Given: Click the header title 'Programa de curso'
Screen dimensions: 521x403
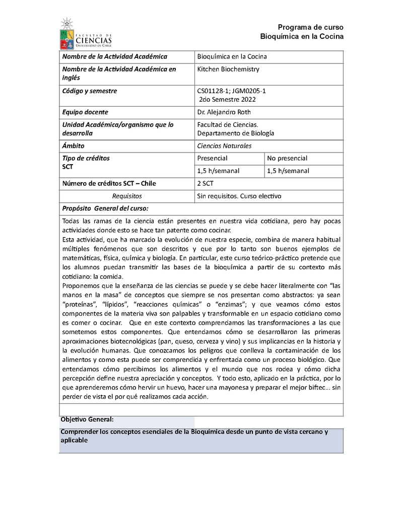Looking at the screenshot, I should [x=310, y=27].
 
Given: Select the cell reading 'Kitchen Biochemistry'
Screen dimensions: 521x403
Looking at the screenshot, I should [x=228, y=69].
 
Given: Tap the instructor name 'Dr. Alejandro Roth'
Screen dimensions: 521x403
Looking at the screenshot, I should [x=224, y=112].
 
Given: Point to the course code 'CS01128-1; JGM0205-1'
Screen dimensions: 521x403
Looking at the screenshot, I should [x=231, y=91].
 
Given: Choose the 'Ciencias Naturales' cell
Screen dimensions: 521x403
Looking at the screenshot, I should [x=224, y=146].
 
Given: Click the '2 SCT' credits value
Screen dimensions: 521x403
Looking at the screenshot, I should [x=205, y=184].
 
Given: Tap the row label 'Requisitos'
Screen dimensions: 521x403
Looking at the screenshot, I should [x=127, y=196].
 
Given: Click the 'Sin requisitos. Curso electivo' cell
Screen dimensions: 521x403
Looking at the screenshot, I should [x=239, y=196].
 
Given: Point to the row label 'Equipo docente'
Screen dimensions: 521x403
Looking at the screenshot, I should [x=85, y=112].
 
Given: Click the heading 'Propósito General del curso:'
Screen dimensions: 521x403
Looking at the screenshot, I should [x=105, y=208].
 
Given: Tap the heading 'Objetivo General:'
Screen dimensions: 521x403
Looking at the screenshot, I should [x=87, y=419].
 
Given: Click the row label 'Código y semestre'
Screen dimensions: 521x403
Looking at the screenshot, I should [x=89, y=91].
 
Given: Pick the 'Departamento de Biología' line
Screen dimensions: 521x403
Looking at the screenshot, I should [x=235, y=133].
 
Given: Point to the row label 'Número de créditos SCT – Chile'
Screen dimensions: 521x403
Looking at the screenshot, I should [x=109, y=184].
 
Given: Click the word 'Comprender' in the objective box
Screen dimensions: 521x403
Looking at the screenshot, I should [x=79, y=432].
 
